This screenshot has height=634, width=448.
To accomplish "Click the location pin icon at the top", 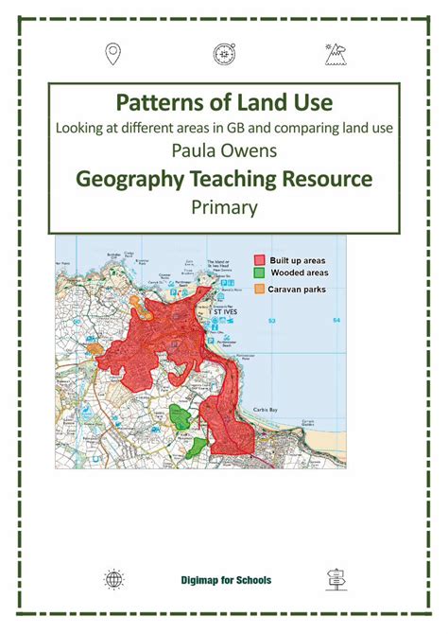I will click(x=113, y=54).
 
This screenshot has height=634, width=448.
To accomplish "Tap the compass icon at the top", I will click(x=224, y=54).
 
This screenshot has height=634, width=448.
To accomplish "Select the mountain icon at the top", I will click(x=335, y=54).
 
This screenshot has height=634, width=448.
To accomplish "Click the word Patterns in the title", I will click(x=160, y=102).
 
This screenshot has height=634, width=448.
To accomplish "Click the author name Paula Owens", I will click(x=224, y=151).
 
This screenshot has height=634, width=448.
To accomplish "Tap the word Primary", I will click(x=224, y=206).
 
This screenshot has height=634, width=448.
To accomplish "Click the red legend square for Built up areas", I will click(x=259, y=258).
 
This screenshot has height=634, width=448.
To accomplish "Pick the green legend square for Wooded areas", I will click(x=259, y=273).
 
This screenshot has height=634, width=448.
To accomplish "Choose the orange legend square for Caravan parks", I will click(x=259, y=287).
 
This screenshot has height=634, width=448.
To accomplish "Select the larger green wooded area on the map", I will click(x=180, y=417).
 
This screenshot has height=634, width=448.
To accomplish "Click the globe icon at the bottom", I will click(x=113, y=579).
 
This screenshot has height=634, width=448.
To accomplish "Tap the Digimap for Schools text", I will click(x=224, y=579).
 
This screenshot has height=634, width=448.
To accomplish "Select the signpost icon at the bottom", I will click(x=335, y=579).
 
